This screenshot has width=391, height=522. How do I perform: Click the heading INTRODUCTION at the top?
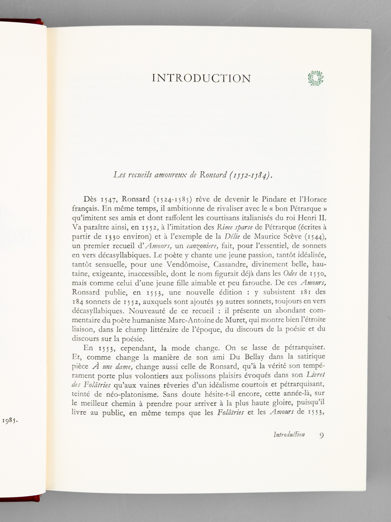(202, 79)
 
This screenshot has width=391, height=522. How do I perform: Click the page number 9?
(322, 435)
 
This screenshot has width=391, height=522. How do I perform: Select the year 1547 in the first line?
(109, 200)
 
